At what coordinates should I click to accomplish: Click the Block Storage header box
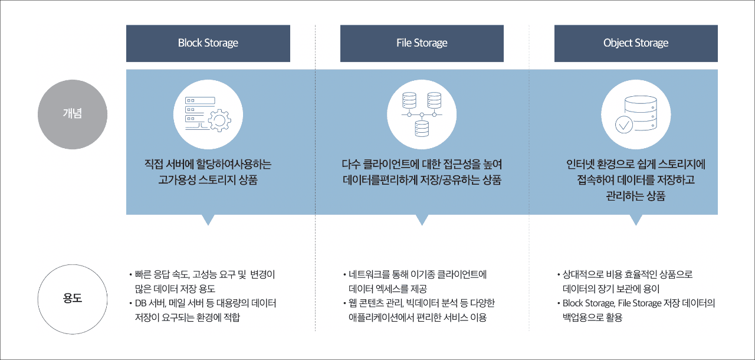(x=208, y=43)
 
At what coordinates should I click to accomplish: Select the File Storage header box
(x=422, y=43)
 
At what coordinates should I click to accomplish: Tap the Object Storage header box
(x=636, y=43)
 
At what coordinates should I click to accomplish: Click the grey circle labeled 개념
(x=73, y=114)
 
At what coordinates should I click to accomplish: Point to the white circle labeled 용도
(x=73, y=299)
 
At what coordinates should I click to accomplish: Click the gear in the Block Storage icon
(x=220, y=120)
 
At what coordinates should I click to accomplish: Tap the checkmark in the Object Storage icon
(x=624, y=125)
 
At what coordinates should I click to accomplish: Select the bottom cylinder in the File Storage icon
(x=422, y=129)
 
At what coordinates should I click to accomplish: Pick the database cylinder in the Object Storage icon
(x=641, y=113)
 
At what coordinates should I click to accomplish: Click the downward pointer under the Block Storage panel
(x=208, y=220)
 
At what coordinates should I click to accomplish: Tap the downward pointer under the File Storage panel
(x=422, y=220)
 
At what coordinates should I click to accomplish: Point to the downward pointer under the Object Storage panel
(x=636, y=220)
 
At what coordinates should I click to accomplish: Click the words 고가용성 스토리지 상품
(x=208, y=179)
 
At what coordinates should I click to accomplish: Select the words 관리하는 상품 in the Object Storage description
(x=636, y=196)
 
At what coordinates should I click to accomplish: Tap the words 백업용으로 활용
(x=592, y=317)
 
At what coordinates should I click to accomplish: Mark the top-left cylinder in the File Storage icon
(x=409, y=100)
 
